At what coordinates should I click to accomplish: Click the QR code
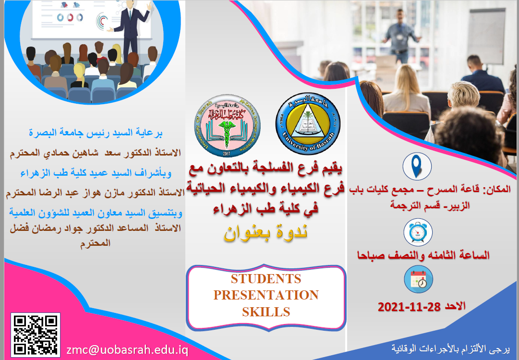[x=36, y=335]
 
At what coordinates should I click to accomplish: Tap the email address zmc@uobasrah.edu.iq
[x=127, y=350]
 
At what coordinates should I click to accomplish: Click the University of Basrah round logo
[x=308, y=123]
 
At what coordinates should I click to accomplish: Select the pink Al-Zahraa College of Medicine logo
[x=228, y=126]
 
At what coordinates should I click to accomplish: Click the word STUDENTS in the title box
[x=266, y=279]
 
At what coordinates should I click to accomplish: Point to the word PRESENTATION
[x=266, y=295]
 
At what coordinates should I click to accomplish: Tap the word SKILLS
[x=266, y=312]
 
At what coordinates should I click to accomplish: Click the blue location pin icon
[x=417, y=166]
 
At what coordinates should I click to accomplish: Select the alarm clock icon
[x=418, y=232]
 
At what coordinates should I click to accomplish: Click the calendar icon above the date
[x=418, y=279]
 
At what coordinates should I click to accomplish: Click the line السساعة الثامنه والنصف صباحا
[x=423, y=255]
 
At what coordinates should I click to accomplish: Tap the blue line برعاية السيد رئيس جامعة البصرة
[x=96, y=133]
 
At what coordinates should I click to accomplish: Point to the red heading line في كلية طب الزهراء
[x=266, y=209]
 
